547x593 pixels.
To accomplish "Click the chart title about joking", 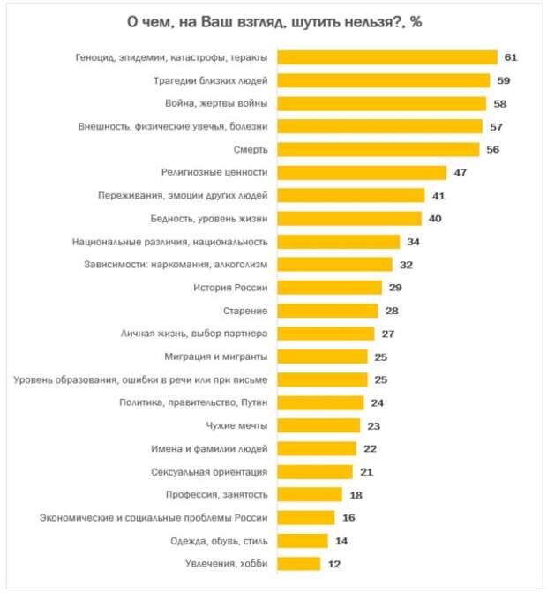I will click(273, 21).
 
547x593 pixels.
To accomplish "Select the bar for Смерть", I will click(378, 149).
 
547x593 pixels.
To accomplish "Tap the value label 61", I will click(510, 57).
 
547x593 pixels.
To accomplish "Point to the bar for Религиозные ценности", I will click(362, 172).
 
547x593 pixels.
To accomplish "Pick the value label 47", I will click(460, 172).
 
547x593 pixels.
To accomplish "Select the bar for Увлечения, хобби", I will click(299, 562).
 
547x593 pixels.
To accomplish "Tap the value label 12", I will click(333, 563).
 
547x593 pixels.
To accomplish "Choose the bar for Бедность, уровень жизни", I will click(349, 218).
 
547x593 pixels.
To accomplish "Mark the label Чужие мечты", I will click(236, 424).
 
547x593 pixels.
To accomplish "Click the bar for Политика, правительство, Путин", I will click(320, 402).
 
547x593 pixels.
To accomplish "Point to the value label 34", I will click(413, 241).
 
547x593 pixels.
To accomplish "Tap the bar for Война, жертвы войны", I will click(382, 103).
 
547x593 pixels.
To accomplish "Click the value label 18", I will click(355, 494).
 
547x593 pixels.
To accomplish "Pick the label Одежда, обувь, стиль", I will click(213, 539).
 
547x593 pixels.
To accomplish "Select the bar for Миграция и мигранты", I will click(322, 356).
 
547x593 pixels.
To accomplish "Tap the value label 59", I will click(503, 80).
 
